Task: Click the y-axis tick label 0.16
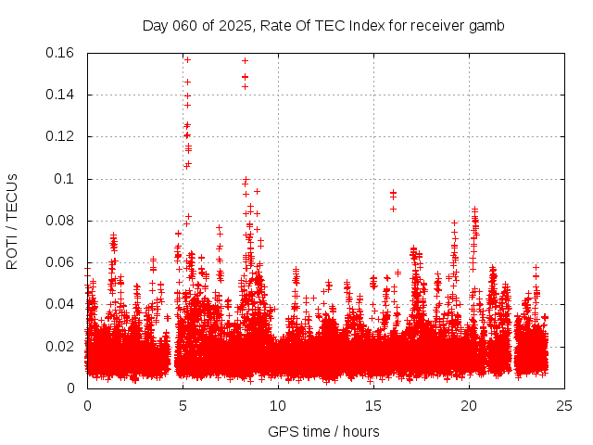[62, 53]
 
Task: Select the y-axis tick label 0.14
[62, 95]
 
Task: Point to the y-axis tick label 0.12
[62, 136]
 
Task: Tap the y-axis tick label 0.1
[67, 178]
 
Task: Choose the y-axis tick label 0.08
[62, 221]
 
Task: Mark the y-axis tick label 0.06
[62, 262]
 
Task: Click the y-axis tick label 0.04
[62, 304]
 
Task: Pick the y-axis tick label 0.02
[62, 346]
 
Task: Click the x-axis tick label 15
[373, 405]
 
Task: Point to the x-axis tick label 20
[469, 405]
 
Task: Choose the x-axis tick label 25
[564, 405]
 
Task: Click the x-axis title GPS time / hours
[323, 431]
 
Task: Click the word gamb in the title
[487, 26]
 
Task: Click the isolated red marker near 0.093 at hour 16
[393, 193]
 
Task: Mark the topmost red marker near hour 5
[187, 59]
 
